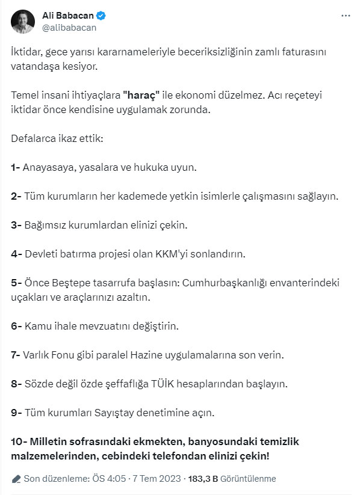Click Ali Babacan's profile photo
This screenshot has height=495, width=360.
[23, 22]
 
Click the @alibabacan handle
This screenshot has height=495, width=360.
[69, 27]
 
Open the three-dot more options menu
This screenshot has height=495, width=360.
[344, 16]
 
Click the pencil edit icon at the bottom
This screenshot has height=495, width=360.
[16, 479]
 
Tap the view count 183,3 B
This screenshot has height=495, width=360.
[203, 479]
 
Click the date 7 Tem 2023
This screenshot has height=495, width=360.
[157, 479]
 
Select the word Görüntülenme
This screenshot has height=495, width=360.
[249, 479]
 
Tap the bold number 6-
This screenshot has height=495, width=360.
[16, 327]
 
